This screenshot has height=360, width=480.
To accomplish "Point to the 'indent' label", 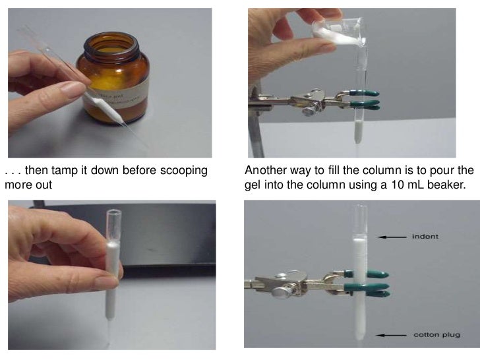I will (425, 235).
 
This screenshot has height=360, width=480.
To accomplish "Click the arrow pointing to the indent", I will (394, 235).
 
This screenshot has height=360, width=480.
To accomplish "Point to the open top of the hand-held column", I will (114, 213).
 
